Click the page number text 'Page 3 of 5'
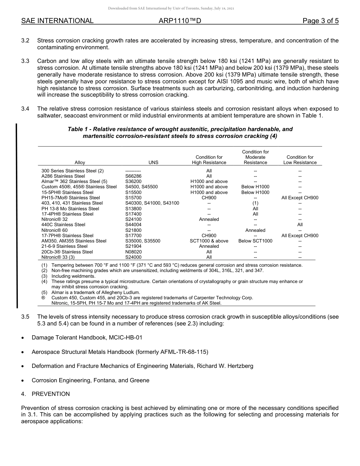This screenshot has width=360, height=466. point(321,21)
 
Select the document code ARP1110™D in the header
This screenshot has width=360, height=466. point(180,21)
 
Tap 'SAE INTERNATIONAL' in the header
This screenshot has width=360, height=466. point(57,21)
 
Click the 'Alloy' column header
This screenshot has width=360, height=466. point(80,163)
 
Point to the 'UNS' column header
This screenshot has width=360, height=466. point(153,163)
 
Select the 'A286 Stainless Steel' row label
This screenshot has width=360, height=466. point(63,176)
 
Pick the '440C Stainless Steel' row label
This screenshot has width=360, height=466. point(63,225)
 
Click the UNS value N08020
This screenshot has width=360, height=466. point(133,252)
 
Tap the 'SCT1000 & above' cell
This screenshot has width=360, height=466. point(209,241)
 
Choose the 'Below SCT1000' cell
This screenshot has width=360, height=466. point(255,241)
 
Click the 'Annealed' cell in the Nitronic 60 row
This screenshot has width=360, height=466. point(255,230)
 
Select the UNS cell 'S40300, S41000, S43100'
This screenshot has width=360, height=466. point(152,203)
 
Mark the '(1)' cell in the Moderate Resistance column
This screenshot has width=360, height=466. point(255,203)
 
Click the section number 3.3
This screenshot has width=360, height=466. point(25,61)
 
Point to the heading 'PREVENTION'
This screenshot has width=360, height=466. point(51,394)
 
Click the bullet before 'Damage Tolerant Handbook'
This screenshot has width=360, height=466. point(23,338)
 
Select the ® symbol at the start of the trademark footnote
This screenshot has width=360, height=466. point(43,298)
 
